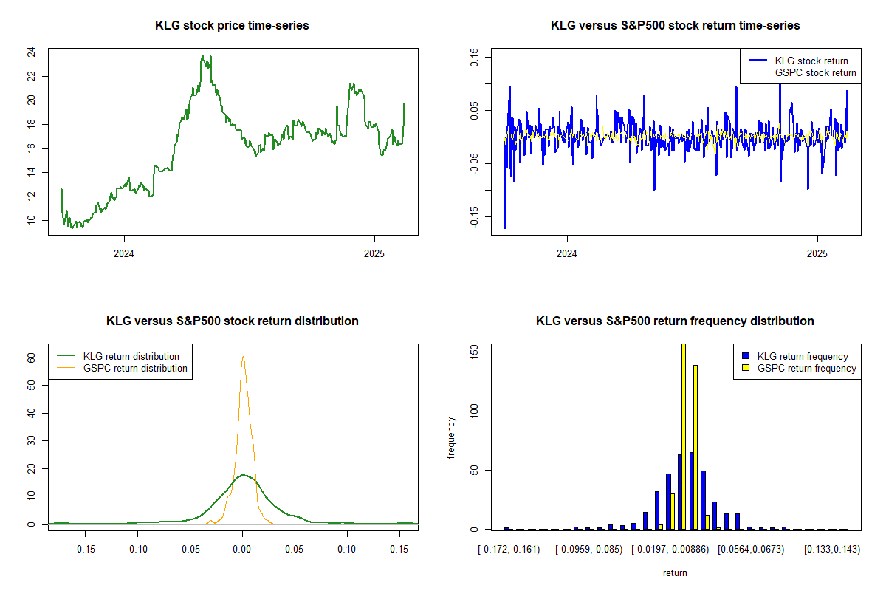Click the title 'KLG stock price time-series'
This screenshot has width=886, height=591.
(x=232, y=26)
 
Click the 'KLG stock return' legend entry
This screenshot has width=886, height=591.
(x=811, y=61)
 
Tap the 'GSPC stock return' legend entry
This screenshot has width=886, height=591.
(x=815, y=73)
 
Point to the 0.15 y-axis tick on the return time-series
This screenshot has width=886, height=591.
(x=474, y=57)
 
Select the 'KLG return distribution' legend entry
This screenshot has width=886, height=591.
(x=131, y=357)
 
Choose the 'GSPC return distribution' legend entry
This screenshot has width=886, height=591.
(x=135, y=369)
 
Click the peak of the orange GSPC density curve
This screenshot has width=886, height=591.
(x=243, y=357)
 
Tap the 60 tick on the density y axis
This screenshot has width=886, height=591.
(x=31, y=357)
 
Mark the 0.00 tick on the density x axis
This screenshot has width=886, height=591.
(x=243, y=550)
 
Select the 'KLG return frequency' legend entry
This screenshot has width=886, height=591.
(x=803, y=357)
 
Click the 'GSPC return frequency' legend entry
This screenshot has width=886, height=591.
(x=806, y=369)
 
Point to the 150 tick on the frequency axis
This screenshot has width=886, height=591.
(x=474, y=352)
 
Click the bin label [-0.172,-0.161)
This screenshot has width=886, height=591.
(x=509, y=550)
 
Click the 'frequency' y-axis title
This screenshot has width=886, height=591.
(x=453, y=438)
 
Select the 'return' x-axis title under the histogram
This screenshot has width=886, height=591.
(x=675, y=573)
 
